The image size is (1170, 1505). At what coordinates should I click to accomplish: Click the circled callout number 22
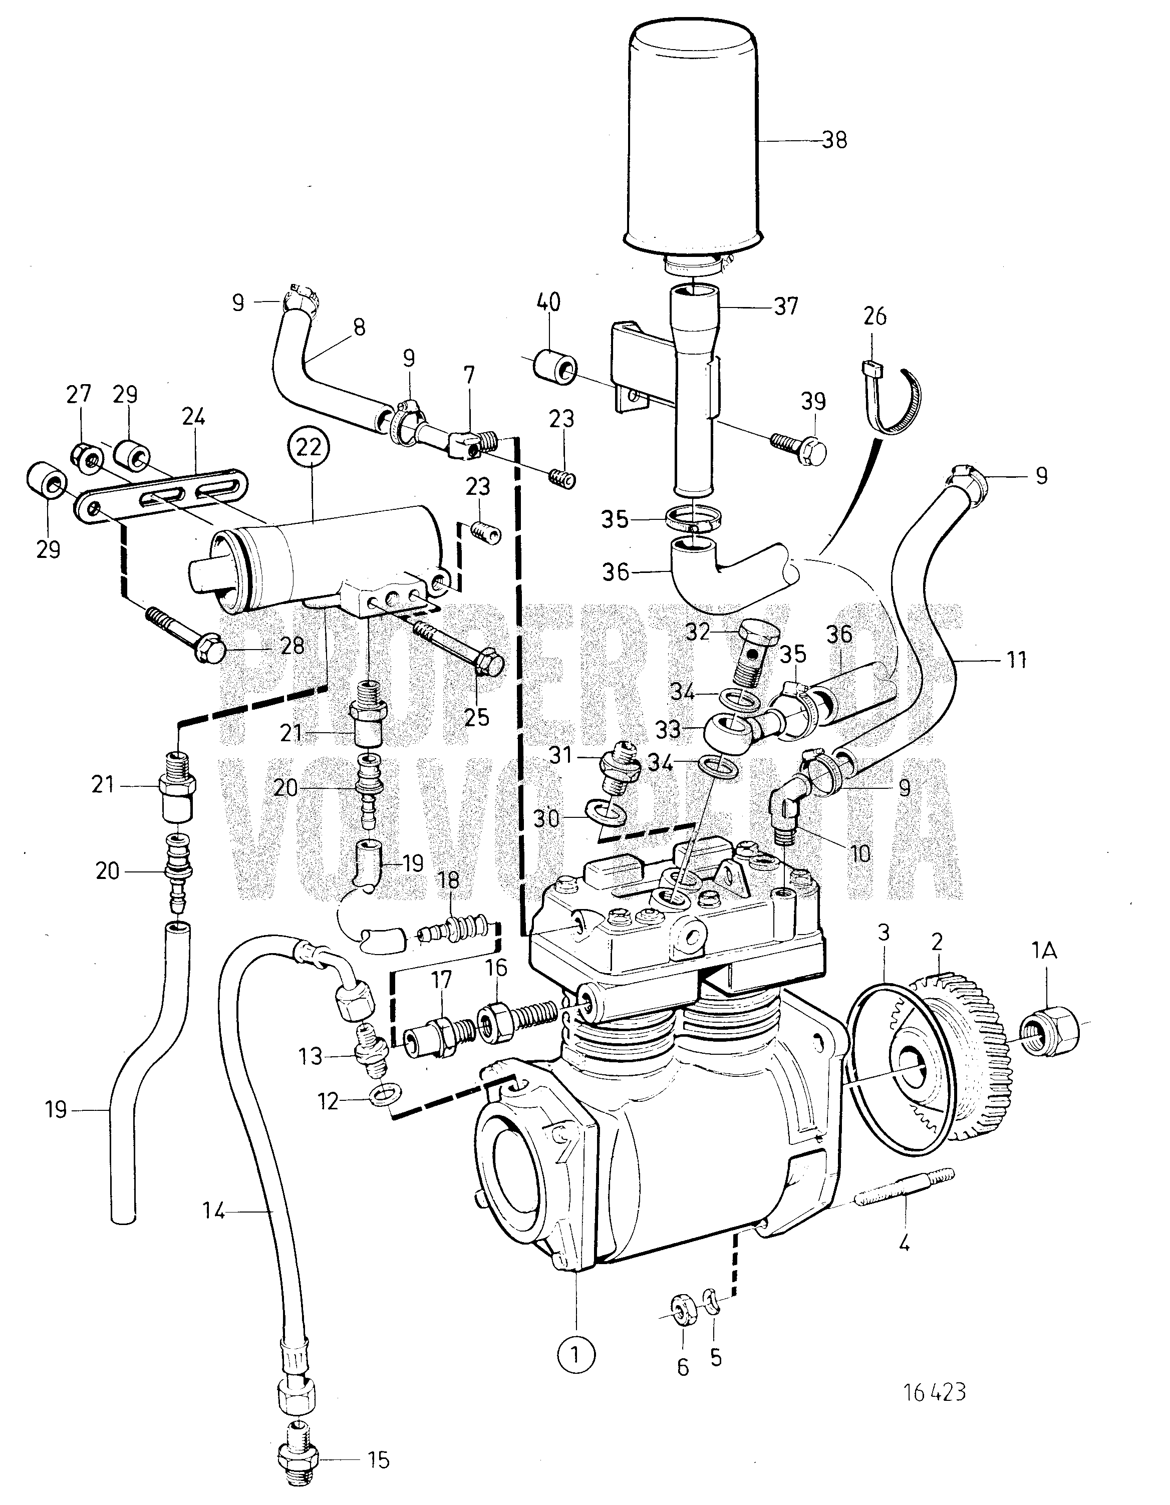tap(310, 447)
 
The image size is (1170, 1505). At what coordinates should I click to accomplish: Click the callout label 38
tap(834, 141)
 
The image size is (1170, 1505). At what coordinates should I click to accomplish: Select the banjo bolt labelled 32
tap(756, 648)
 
